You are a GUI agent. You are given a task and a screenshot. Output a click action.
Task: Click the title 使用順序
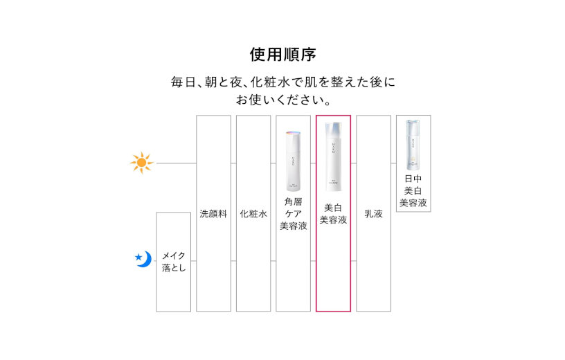pos(282,54)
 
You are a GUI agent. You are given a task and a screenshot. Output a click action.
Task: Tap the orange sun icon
pos(141,163)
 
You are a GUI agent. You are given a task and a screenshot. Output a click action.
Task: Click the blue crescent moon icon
pos(145,259)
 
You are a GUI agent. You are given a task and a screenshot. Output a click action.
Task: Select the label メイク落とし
pos(174,262)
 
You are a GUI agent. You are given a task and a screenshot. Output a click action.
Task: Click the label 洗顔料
pos(213,214)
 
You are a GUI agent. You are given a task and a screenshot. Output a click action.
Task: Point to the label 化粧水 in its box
pos(253,214)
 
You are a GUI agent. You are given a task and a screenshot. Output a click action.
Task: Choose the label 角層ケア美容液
pos(294,213)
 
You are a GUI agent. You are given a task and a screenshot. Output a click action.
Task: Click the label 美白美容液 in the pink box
pos(333,213)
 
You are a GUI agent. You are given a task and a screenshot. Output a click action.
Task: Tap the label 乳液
pos(373,214)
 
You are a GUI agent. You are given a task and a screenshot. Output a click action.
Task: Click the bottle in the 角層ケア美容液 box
pos(294,161)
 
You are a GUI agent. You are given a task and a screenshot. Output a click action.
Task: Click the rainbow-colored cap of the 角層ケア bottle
pos(294,135)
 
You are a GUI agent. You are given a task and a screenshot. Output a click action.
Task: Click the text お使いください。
pos(282,100)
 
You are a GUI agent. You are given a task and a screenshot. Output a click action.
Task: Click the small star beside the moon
pos(138,258)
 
